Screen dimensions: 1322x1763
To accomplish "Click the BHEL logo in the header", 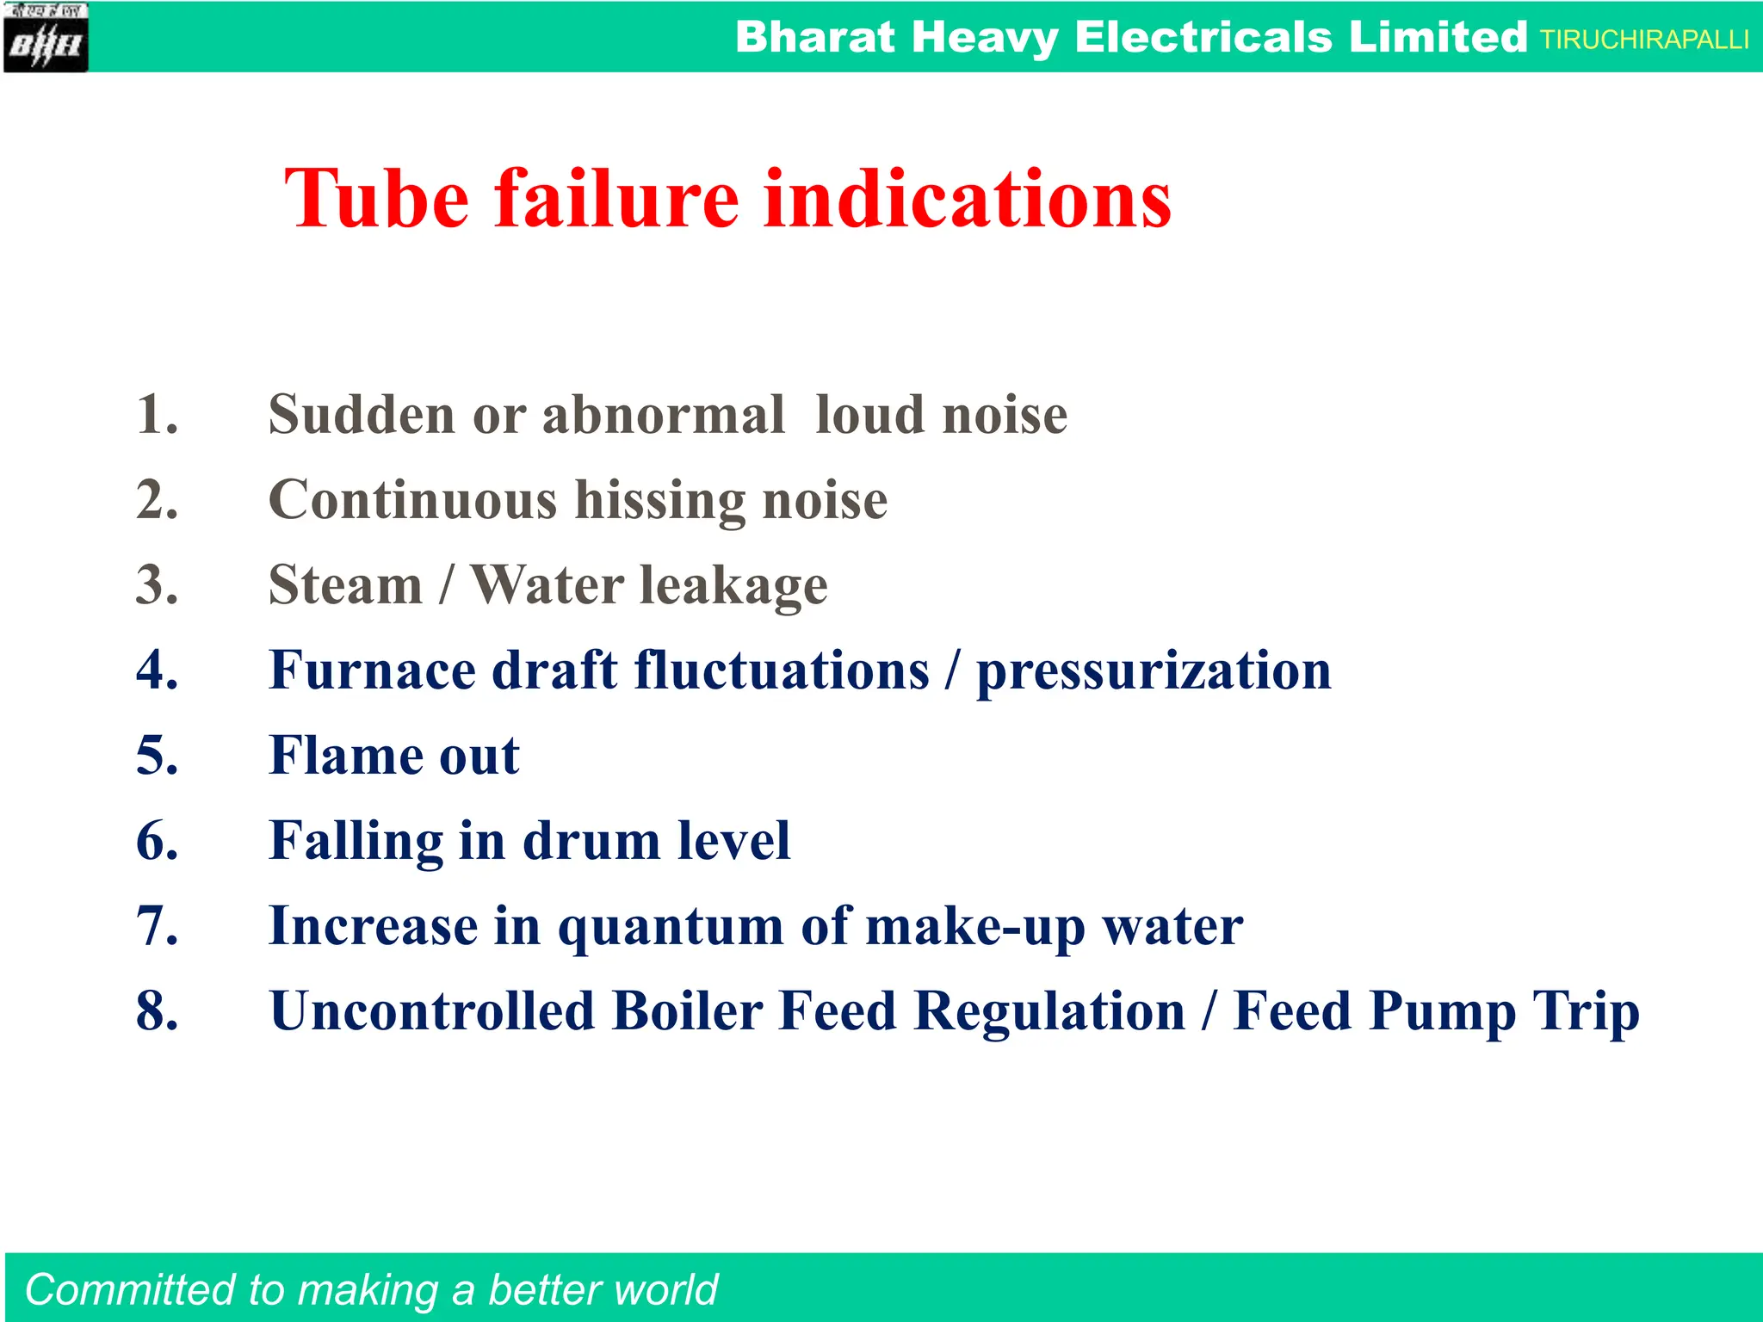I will tap(46, 38).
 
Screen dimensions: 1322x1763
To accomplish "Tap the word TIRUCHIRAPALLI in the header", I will tap(1644, 40).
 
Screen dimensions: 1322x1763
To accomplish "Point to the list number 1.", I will tap(158, 415).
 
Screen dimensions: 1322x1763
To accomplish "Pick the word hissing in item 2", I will tap(659, 501).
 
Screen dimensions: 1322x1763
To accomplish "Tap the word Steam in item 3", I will tap(345, 585).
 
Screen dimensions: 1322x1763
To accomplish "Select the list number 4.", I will tap(158, 670).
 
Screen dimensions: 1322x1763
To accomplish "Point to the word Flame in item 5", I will tap(345, 756).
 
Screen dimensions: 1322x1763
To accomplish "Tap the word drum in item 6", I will tap(591, 841).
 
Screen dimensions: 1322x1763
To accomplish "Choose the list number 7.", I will tap(158, 926).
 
